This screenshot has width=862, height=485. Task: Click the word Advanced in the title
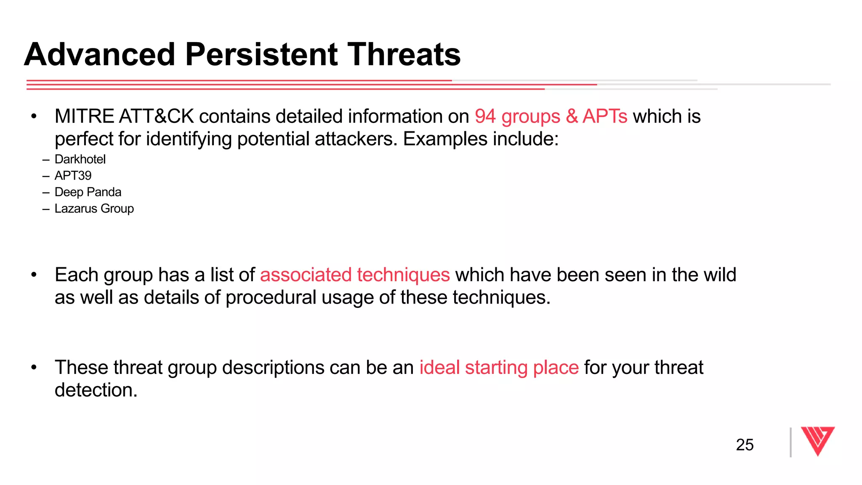coord(100,55)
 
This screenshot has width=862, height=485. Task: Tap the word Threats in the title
coord(404,55)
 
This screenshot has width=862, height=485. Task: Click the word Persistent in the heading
coord(261,55)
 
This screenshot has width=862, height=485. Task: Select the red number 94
coord(485,117)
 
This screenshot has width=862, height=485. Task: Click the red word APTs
coord(605,117)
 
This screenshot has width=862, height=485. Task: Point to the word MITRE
coord(84,117)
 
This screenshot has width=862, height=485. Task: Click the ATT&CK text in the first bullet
coord(156,117)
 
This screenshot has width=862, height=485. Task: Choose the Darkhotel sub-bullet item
coord(80,160)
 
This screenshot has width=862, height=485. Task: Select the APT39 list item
coord(73,176)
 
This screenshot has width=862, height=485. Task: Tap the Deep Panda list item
coord(88,192)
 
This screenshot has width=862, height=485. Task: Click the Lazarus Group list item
coord(94,209)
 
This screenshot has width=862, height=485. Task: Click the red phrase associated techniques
coord(355,275)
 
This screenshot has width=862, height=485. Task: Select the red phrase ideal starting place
coord(499,368)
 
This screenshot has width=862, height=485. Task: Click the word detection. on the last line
coord(96,390)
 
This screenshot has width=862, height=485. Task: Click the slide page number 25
coord(745,445)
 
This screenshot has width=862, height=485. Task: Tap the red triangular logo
coord(817,440)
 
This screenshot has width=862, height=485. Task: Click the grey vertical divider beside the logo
coord(791,442)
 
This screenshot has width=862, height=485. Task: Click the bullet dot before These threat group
coord(34,368)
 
